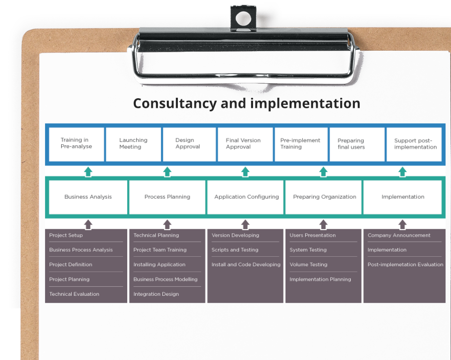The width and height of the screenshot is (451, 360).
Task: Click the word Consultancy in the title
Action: pyautogui.click(x=175, y=104)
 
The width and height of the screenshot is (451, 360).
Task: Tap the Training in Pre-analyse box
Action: pyautogui.click(x=77, y=144)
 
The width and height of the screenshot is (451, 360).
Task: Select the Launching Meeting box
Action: pyautogui.click(x=133, y=144)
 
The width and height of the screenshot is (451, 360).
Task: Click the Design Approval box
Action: pyautogui.click(x=189, y=144)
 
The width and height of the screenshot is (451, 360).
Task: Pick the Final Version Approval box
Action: pyautogui.click(x=246, y=144)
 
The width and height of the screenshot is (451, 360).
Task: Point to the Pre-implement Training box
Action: pyautogui.click(x=301, y=144)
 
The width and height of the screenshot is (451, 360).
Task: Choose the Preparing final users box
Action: pyautogui.click(x=357, y=144)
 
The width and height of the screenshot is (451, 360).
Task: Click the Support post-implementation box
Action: pyautogui.click(x=414, y=144)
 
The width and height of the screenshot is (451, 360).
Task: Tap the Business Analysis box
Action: pyautogui.click(x=88, y=197)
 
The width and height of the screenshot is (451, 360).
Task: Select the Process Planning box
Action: pyautogui.click(x=167, y=197)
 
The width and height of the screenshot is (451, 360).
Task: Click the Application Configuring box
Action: pyautogui.click(x=246, y=197)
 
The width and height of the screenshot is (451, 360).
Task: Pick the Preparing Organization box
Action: pyautogui.click(x=324, y=197)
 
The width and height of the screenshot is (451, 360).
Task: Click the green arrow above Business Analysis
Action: pyautogui.click(x=88, y=172)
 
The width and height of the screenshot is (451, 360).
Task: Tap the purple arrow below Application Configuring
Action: pyautogui.click(x=246, y=225)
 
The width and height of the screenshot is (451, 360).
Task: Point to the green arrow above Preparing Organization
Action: pyautogui.click(x=324, y=172)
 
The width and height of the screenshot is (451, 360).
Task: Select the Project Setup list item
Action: pyautogui.click(x=66, y=235)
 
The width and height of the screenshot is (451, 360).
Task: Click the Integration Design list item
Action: pyautogui.click(x=156, y=294)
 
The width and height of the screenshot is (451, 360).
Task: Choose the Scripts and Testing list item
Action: pyautogui.click(x=235, y=250)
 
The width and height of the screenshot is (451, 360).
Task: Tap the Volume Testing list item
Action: pyautogui.click(x=308, y=264)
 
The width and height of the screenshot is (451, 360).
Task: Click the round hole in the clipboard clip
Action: pyautogui.click(x=244, y=19)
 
